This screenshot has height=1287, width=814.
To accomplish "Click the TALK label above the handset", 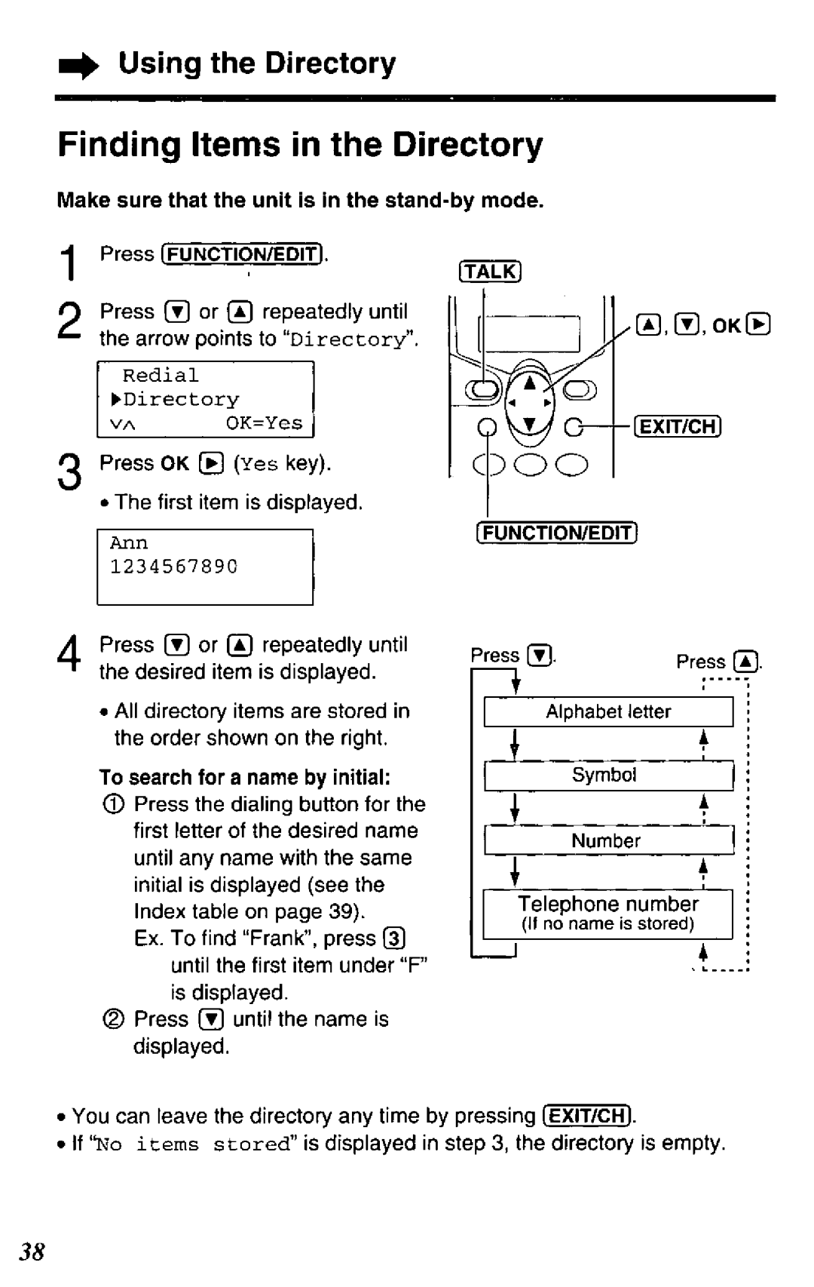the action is pyautogui.click(x=490, y=271).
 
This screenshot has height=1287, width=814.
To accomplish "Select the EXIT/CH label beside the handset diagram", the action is pyautogui.click(x=678, y=427).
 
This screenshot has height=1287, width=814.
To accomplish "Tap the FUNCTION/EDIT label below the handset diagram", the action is pyautogui.click(x=557, y=533).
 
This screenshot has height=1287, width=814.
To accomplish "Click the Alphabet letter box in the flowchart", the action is pyautogui.click(x=608, y=712).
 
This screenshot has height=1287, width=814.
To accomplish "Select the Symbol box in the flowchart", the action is pyautogui.click(x=608, y=776).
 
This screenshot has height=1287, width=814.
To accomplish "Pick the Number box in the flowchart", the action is pyautogui.click(x=608, y=840).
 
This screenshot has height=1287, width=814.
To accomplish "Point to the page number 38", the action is pyautogui.click(x=32, y=1252).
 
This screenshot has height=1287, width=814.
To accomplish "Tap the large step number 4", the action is pyautogui.click(x=69, y=653).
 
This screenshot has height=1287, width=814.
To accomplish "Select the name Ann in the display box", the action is pyautogui.click(x=129, y=543).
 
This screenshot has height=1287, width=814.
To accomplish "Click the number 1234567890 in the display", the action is pyautogui.click(x=173, y=567).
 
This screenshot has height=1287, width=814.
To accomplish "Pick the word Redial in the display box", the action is pyautogui.click(x=161, y=375).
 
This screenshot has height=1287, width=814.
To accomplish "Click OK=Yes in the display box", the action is pyautogui.click(x=264, y=423).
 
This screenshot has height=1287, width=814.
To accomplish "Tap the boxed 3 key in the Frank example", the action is pyautogui.click(x=394, y=938).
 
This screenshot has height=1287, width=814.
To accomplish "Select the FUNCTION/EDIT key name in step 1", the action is pyautogui.click(x=242, y=254).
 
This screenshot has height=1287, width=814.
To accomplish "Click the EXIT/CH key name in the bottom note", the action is pyautogui.click(x=587, y=1116).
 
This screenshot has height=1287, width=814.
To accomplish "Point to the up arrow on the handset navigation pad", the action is pyautogui.click(x=530, y=382).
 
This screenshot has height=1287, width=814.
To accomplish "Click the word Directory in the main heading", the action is pyautogui.click(x=467, y=145).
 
